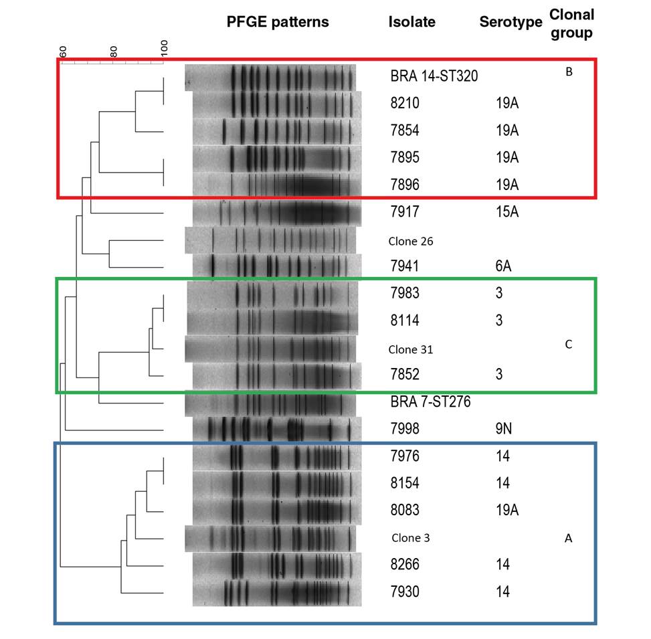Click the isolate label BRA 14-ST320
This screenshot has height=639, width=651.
click(x=434, y=76)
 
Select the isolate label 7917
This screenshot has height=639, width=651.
click(x=405, y=212)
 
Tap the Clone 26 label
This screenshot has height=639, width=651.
click(x=411, y=240)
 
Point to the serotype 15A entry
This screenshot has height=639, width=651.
click(x=505, y=212)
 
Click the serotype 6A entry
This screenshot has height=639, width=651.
click(x=501, y=266)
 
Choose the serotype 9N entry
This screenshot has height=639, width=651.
click(x=501, y=429)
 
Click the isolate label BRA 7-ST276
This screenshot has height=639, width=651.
click(x=430, y=402)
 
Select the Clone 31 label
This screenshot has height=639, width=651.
click(x=411, y=349)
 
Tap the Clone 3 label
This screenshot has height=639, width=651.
click(x=410, y=537)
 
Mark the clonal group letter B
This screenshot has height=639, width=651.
click(x=569, y=72)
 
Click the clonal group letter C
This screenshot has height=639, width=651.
click(x=569, y=345)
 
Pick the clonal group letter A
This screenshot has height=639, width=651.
click(x=569, y=537)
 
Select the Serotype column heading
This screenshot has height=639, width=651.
click(x=510, y=23)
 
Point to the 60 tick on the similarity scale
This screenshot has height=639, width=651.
click(x=63, y=52)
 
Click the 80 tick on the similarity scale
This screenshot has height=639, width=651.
click(x=114, y=52)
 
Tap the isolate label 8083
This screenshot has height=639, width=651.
click(x=405, y=511)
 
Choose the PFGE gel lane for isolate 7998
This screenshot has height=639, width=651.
click(x=276, y=429)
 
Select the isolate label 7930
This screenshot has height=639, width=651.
click(x=405, y=592)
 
